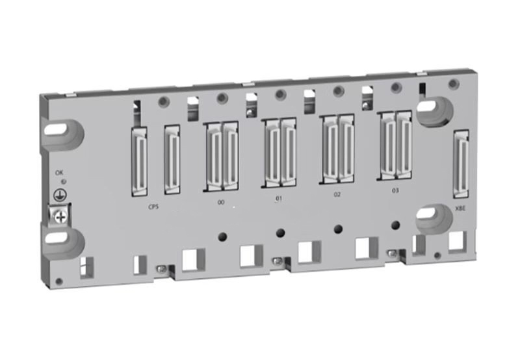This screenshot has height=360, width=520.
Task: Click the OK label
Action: coord(60,172)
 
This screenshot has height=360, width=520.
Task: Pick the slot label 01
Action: coord(279,198)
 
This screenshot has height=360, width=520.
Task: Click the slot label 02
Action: coord(337,194)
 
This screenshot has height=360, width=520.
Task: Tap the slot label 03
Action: coord(395,190)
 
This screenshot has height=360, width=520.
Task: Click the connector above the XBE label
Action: coord(461,162)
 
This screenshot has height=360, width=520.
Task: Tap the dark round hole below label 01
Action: coord(280,231)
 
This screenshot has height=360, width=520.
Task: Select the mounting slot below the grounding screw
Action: coord(65,244)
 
